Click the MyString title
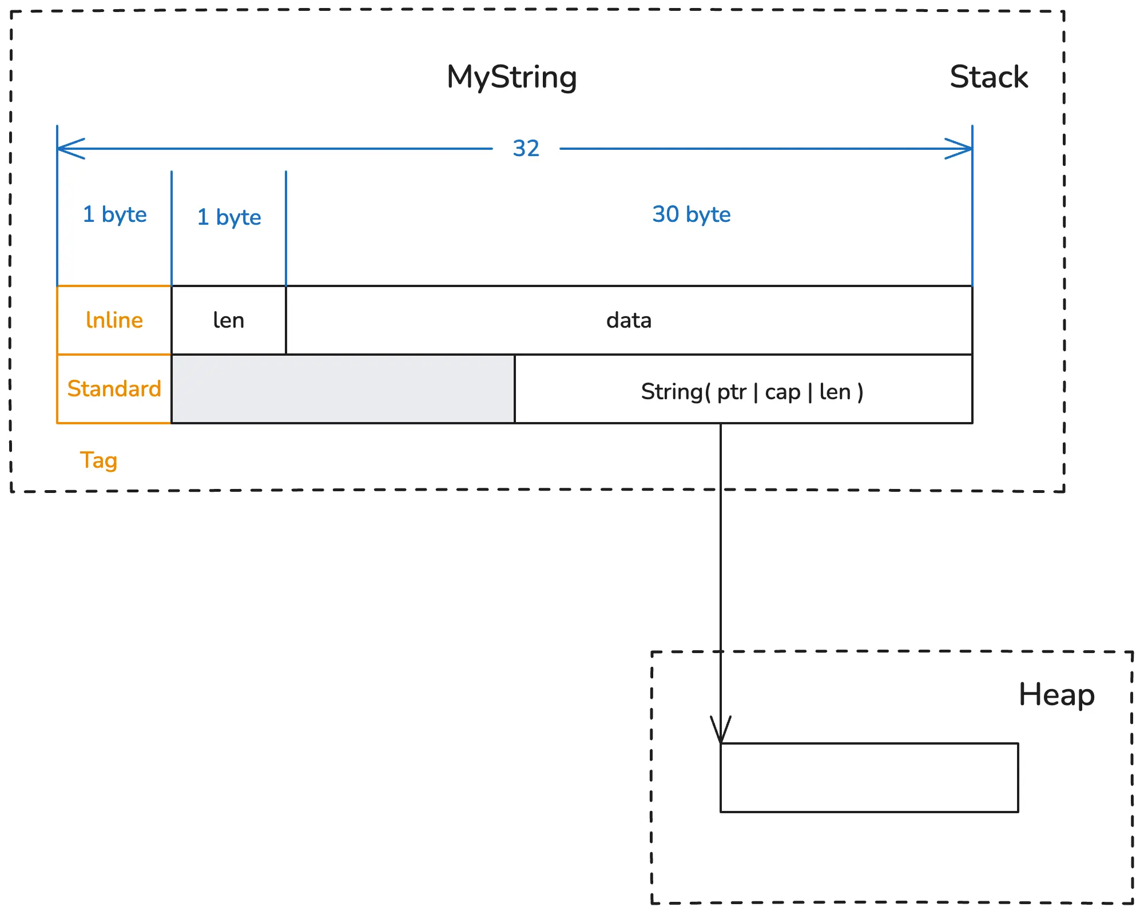(511, 77)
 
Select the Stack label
(988, 77)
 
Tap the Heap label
(1056, 695)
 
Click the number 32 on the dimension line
(526, 149)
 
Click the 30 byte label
(691, 214)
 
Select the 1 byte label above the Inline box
(114, 214)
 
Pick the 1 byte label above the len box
(229, 217)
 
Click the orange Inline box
(114, 320)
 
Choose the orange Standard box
(114, 389)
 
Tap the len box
(229, 320)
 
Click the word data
(629, 320)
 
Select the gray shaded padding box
(343, 389)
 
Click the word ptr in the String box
(732, 392)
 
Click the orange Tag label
(98, 460)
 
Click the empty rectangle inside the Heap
(869, 778)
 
